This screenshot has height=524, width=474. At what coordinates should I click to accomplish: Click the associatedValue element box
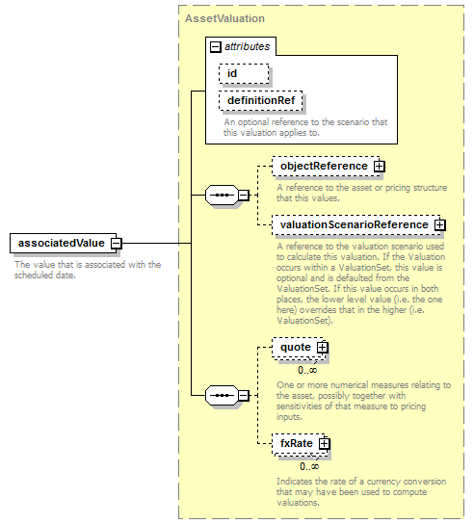point(64,243)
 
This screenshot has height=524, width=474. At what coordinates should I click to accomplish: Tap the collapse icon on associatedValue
point(117,244)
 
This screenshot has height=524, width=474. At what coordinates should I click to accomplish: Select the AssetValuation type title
point(224,18)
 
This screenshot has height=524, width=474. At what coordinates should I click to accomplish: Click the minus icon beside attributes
point(215,47)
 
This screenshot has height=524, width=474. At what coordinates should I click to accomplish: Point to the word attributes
point(247,46)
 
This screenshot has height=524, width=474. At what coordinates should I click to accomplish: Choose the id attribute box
point(244,73)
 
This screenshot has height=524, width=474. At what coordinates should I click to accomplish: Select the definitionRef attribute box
point(261,100)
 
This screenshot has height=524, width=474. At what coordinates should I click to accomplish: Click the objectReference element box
point(326,166)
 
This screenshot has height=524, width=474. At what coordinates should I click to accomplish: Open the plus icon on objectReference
point(379,166)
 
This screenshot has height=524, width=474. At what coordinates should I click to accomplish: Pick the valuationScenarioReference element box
point(356,224)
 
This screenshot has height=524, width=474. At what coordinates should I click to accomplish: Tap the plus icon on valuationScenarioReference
point(440,224)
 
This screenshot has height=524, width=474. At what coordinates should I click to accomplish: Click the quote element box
point(298,347)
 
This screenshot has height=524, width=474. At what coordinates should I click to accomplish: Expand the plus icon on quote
point(322,348)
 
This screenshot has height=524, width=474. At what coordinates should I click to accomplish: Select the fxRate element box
point(299,443)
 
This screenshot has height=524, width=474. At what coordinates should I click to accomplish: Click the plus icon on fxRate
point(325,444)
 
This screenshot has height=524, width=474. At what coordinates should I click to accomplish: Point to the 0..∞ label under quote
point(307,370)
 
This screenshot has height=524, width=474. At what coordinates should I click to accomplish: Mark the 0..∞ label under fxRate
point(309,466)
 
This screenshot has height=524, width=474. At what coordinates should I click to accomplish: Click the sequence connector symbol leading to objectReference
point(222,195)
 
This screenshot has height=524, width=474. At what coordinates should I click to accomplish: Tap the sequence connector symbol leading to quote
point(222,395)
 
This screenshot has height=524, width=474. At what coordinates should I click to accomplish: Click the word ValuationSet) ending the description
point(304,321)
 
